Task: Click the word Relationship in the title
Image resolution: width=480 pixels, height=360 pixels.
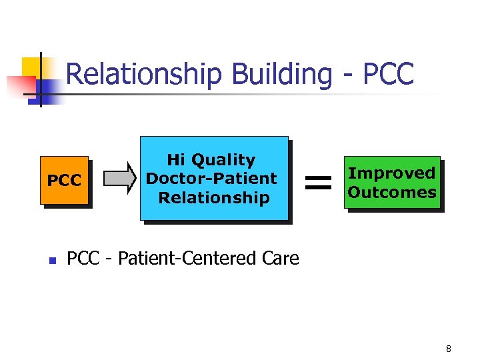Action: tap(145, 74)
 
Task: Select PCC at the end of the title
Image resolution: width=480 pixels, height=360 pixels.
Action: tap(388, 74)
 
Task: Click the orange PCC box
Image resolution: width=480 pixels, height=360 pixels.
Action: tap(64, 180)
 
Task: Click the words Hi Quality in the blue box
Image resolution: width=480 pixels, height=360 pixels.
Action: tap(211, 160)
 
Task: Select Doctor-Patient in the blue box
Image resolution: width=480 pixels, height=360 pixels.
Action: tap(211, 179)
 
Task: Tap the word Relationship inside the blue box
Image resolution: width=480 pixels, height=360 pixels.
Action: tap(213, 197)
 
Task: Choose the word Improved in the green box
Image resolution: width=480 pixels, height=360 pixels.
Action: tap(391, 173)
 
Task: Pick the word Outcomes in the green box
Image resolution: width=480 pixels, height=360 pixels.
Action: tap(392, 192)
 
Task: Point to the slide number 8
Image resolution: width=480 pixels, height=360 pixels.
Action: tap(449, 349)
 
